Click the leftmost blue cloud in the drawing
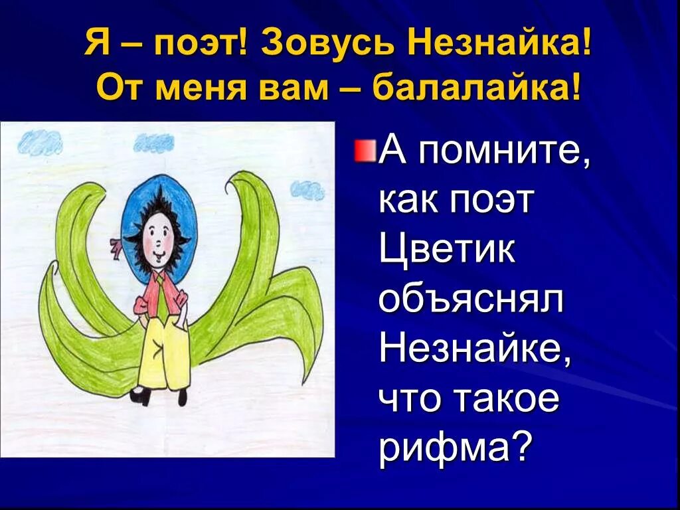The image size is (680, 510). tap(41, 141)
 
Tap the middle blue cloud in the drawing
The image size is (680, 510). tap(154, 142)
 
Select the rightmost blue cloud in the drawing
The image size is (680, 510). tap(307, 190)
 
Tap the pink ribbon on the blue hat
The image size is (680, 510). tap(116, 248)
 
